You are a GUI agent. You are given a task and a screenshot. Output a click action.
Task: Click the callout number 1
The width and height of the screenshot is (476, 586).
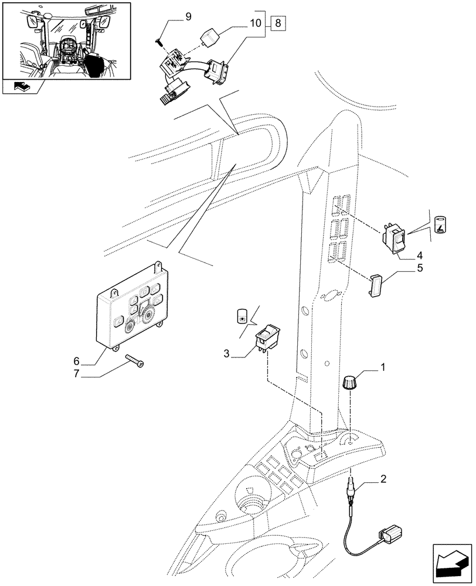coord(382,367)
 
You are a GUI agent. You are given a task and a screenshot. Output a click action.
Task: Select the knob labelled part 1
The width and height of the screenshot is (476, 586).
coord(350,386)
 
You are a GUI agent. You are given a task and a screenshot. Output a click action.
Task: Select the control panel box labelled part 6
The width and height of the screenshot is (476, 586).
coord(130,308)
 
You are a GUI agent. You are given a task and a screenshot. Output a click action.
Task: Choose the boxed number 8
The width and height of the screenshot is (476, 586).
coord(278,24)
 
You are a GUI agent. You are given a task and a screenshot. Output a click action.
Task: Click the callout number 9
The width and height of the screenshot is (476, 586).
coord(188,16)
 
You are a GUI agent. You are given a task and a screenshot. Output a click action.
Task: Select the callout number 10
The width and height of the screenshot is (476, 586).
coord(254,24)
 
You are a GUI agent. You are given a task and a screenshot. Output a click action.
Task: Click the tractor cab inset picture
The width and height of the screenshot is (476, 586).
coord(66,40)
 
